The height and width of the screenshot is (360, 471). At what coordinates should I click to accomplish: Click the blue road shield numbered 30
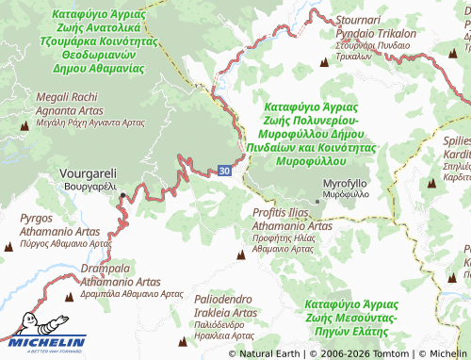[x=223, y=171]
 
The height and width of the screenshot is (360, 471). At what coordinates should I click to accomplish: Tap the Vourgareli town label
[x=88, y=179]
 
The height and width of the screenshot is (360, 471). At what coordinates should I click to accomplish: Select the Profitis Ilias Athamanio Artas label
[x=292, y=226]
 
